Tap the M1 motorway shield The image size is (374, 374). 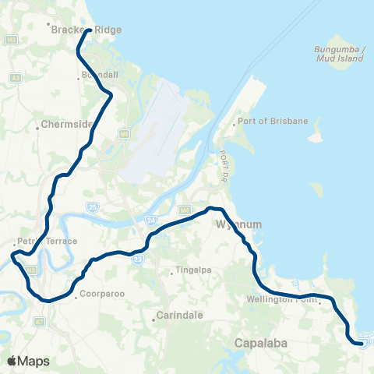(122, 133)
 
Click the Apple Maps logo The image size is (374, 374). (28, 361)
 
